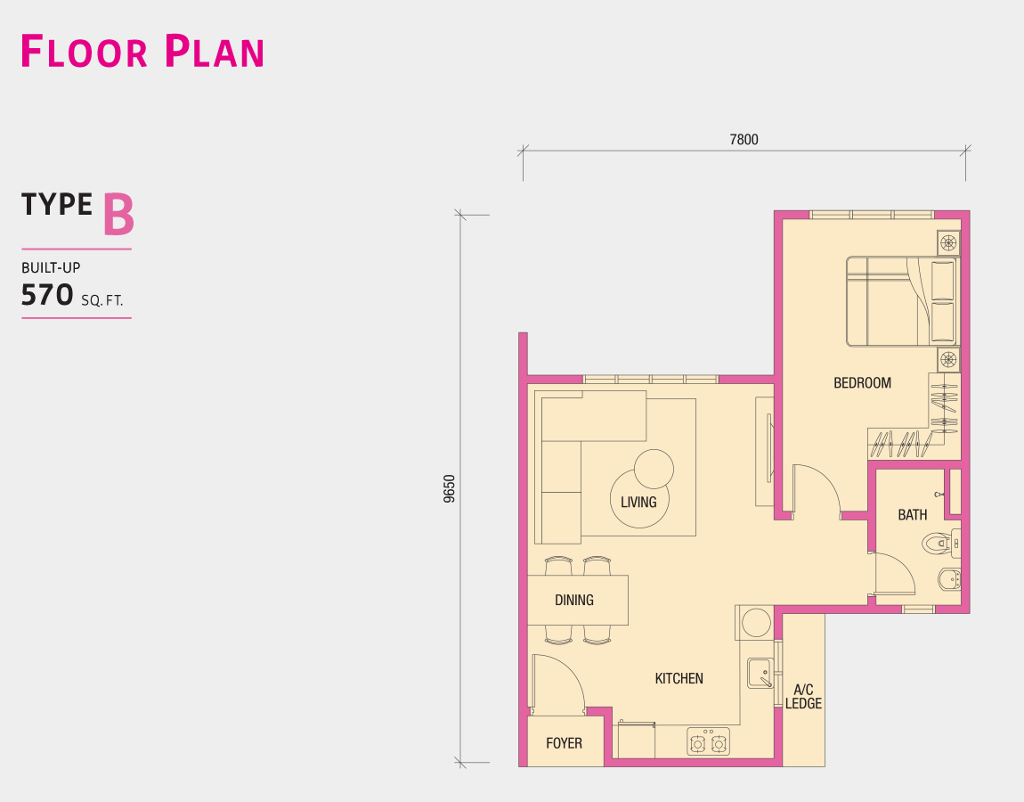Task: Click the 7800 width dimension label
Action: (744, 139)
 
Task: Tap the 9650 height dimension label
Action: (450, 488)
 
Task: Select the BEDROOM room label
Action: (862, 383)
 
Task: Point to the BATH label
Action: (913, 515)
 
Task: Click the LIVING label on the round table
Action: (638, 502)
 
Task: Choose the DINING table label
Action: (574, 600)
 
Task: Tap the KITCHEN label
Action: (679, 678)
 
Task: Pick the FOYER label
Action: (565, 743)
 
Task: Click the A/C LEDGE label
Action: (803, 697)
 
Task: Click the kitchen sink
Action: (760, 674)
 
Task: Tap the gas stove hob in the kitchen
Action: (709, 742)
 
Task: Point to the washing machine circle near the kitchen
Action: (756, 622)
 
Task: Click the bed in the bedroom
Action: (902, 301)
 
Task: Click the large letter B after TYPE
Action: (118, 215)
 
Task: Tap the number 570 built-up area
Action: (47, 295)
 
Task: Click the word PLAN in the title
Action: (214, 52)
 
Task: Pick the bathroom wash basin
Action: (949, 579)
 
